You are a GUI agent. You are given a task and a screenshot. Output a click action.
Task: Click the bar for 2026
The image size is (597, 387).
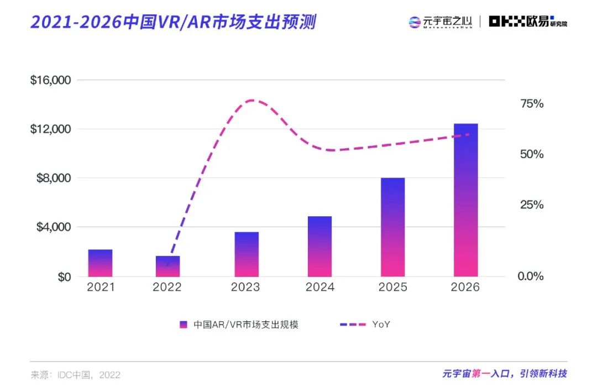465,200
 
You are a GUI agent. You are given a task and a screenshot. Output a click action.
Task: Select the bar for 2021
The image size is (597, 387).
100,263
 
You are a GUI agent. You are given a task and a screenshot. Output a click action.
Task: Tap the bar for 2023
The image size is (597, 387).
246,254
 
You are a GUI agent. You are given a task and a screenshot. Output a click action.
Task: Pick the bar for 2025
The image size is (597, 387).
392,227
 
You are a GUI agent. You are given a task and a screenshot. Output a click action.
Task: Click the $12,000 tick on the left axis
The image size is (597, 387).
51,129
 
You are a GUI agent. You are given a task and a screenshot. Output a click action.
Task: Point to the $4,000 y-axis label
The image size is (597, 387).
54,227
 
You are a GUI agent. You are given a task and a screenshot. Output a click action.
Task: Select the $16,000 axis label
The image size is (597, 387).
51,80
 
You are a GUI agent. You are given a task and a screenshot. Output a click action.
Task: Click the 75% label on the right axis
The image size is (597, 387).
531,104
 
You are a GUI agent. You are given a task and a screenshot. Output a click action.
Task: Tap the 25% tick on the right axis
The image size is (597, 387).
531,205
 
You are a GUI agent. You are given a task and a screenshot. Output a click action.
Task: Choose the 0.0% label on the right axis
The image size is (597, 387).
531,276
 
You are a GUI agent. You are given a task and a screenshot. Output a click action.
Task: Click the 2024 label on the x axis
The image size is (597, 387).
320,287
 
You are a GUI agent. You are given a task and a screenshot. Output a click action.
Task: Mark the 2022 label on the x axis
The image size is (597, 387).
167,287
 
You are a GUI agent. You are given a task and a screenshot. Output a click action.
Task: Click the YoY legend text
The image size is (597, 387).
381,325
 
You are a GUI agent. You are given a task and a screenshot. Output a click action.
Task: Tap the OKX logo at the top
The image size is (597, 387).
528,22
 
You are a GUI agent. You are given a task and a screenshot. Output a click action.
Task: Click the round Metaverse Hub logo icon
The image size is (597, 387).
415,22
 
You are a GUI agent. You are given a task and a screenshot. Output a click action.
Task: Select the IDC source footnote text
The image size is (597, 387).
76,375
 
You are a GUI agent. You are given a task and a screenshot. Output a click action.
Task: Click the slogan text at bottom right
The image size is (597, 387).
504,374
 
